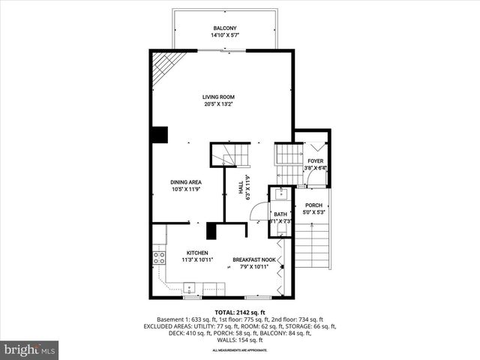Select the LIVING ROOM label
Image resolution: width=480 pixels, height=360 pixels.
tap(219, 97)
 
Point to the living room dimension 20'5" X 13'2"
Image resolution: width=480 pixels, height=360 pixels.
tap(219, 104)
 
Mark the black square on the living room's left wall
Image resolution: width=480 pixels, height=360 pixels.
tap(159, 134)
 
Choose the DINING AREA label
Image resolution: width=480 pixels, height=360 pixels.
tap(184, 182)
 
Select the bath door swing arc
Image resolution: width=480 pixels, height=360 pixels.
tap(257, 213)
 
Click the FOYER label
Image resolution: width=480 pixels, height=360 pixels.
tap(316, 161)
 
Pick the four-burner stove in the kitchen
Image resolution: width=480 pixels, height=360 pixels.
tap(159, 258)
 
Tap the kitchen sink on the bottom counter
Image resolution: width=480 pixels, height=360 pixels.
tap(190, 287)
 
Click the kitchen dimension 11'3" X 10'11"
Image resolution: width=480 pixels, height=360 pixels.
tap(197, 260)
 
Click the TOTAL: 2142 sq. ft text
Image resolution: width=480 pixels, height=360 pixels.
tap(240, 311)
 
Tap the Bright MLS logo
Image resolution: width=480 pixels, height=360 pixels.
tap(30, 349)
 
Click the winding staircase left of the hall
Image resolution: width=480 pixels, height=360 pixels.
tap(223, 155)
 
